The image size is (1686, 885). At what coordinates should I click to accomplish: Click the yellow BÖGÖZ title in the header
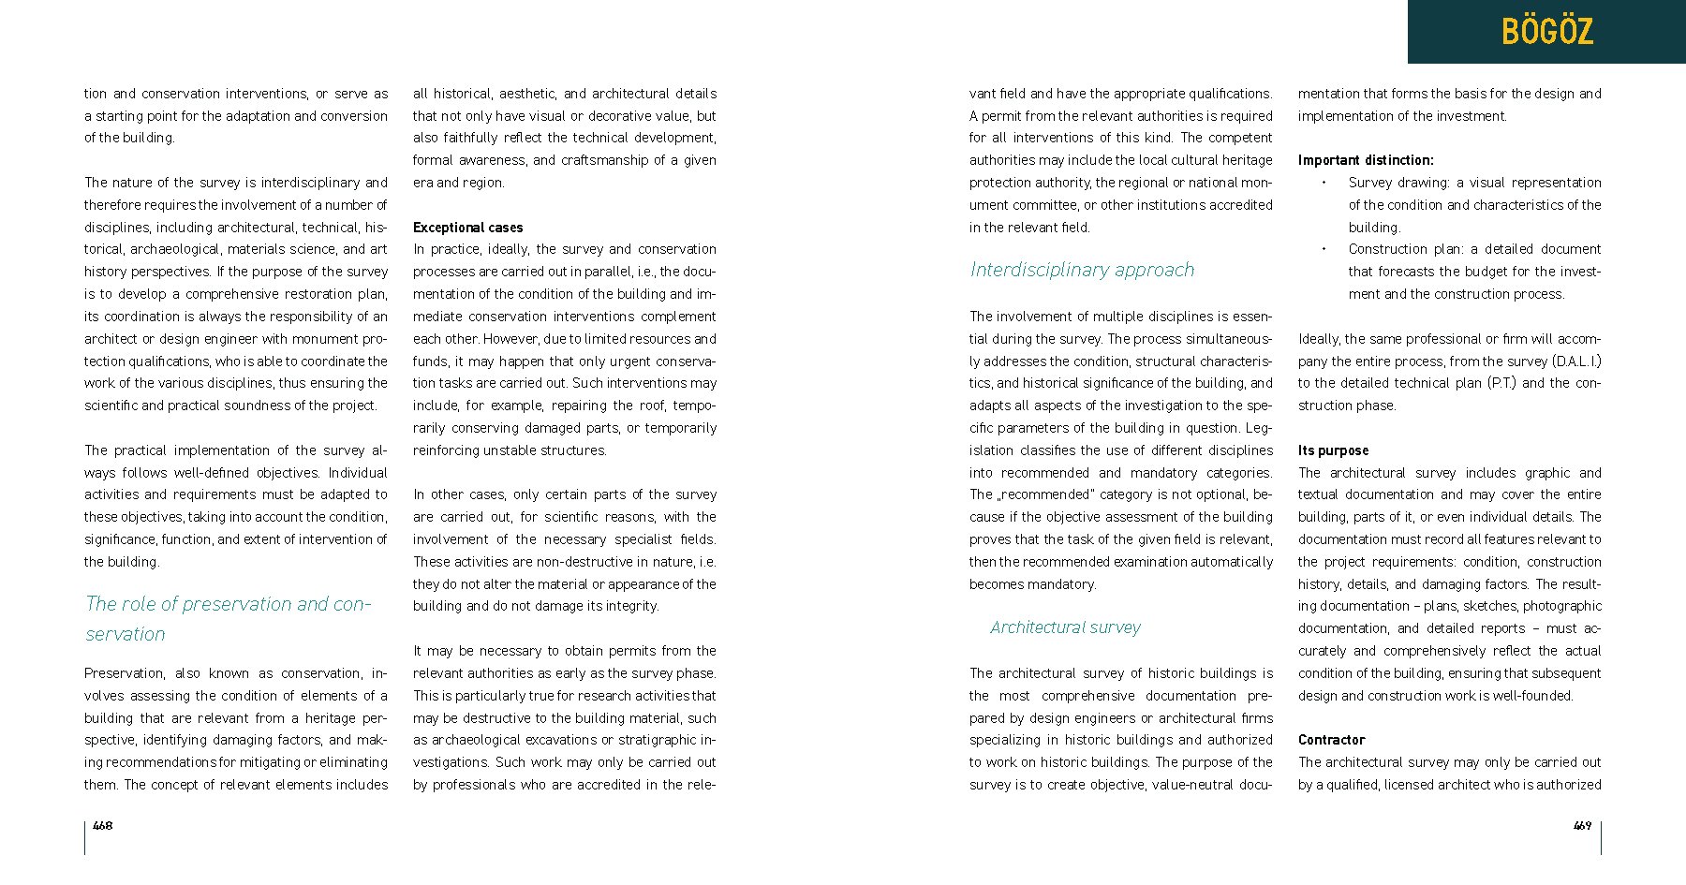[1546, 32]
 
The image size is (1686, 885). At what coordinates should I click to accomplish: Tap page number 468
[103, 825]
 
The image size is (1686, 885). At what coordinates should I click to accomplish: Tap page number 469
[1582, 825]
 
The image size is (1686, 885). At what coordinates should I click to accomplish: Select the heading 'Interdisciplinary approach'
[1082, 270]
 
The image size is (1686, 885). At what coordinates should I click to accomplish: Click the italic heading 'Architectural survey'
[1065, 627]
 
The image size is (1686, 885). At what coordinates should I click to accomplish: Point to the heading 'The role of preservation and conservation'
[228, 618]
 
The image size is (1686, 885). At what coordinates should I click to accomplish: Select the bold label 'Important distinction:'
[1366, 160]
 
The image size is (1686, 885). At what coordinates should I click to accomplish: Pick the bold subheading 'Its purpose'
[1333, 450]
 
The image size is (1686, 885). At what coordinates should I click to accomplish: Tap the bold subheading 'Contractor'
[1331, 740]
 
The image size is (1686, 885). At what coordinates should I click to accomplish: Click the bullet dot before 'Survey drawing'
[1324, 183]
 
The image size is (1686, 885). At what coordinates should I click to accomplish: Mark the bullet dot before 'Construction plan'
[1324, 249]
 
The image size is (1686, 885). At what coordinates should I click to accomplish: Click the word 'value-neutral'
[1189, 785]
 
